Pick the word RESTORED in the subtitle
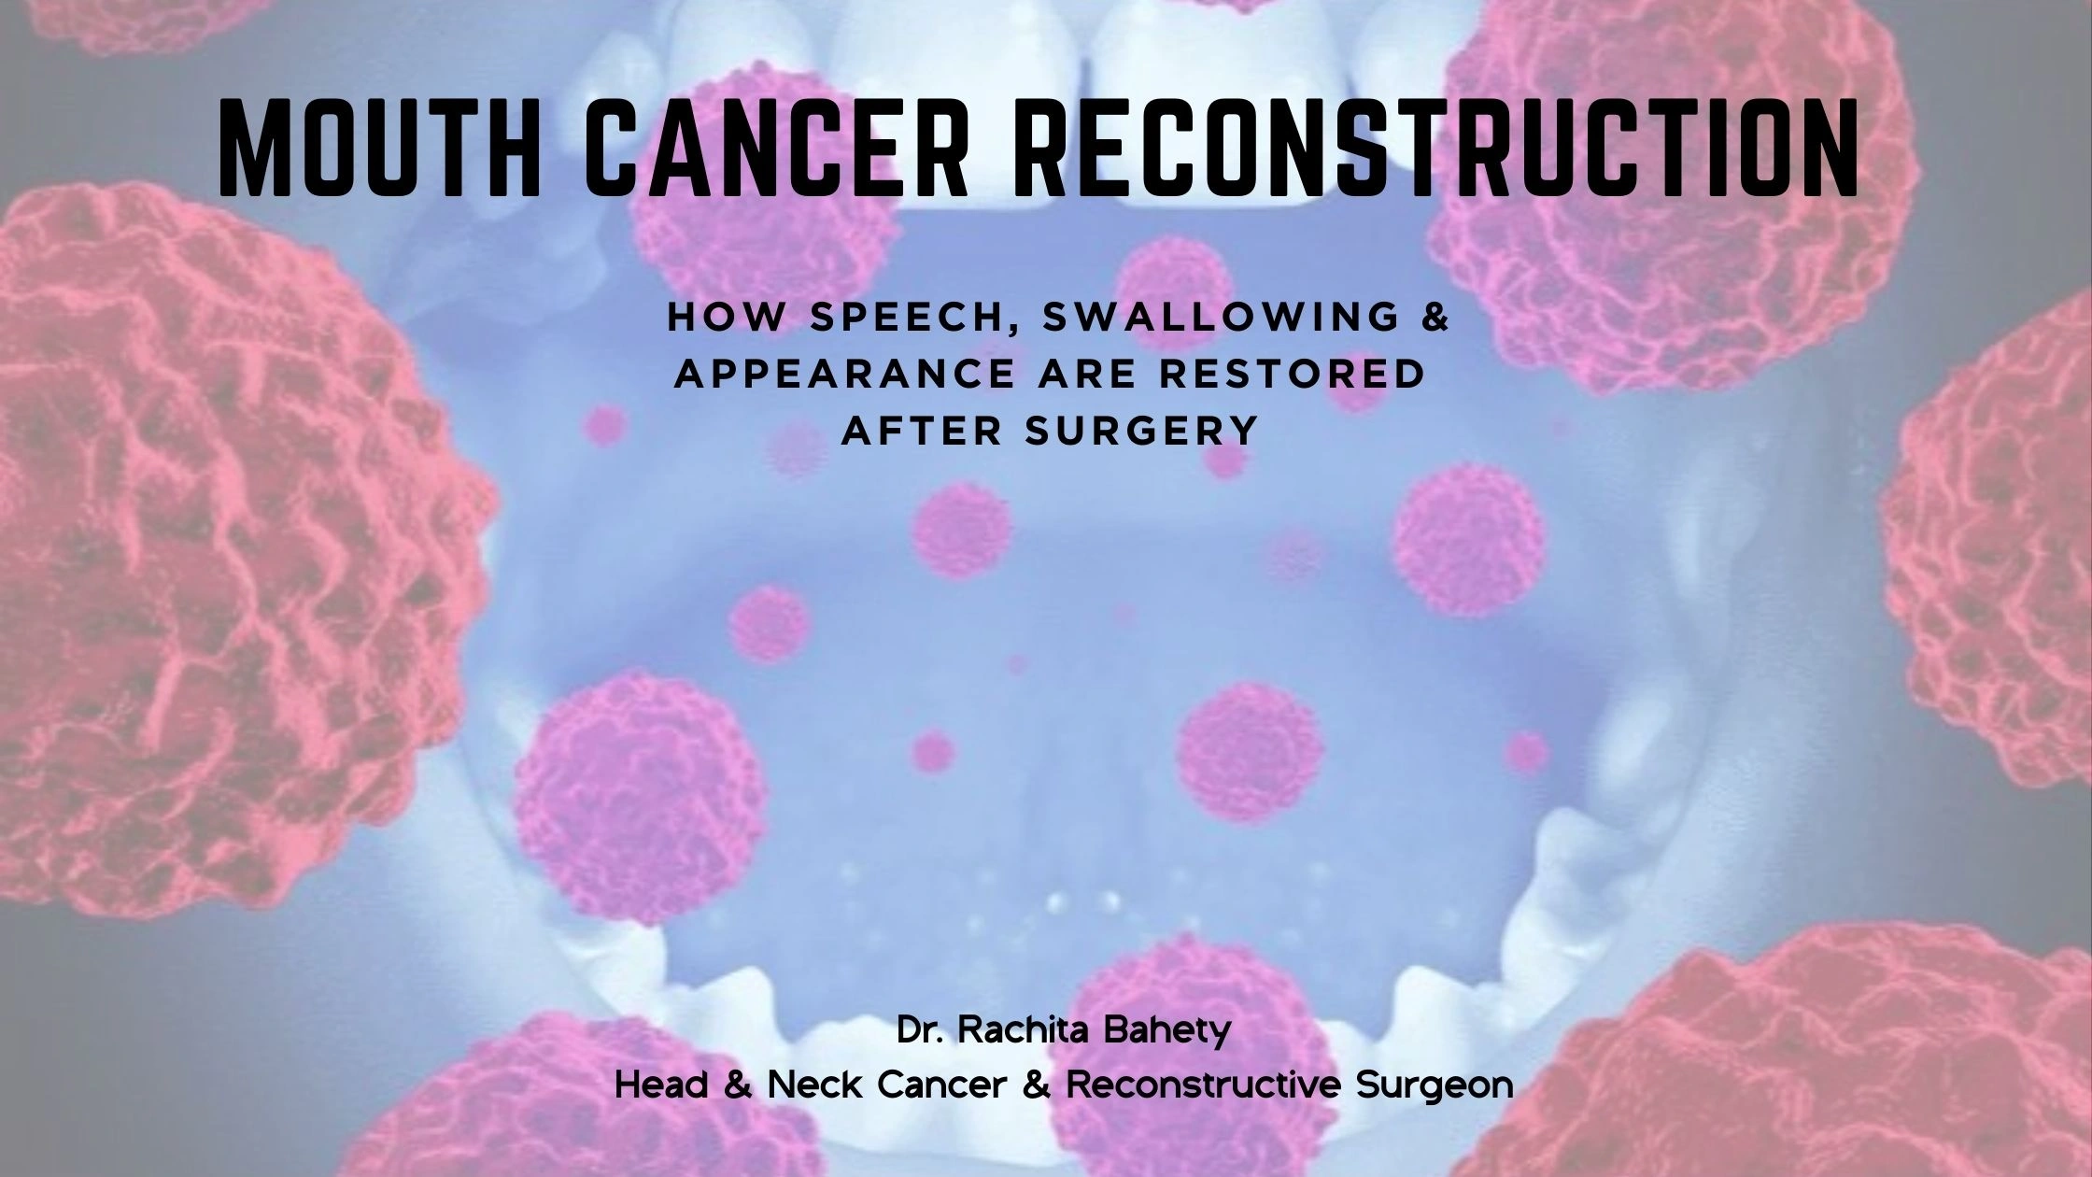pos(1323,375)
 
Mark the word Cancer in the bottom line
pos(942,1085)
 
